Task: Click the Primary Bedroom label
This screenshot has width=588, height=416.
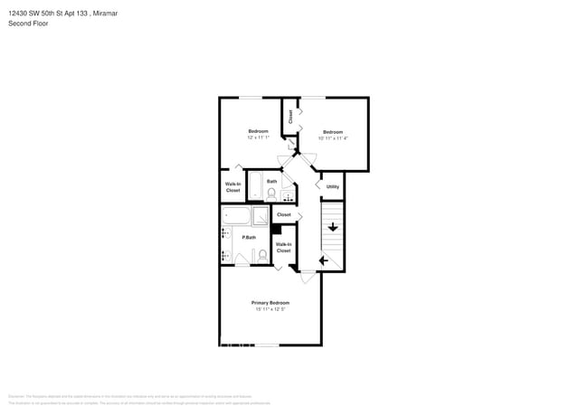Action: [270, 302]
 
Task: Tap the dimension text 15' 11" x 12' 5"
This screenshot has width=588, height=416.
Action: [270, 309]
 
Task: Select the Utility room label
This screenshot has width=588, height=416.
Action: [333, 187]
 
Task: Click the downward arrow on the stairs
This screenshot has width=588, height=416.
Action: [333, 226]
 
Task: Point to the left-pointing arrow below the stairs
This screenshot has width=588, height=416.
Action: [324, 261]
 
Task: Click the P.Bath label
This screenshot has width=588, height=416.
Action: [249, 237]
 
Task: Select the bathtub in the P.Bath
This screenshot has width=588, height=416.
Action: [236, 215]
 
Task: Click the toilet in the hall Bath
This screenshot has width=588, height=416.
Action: [270, 193]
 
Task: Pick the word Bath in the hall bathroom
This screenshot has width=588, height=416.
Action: [271, 181]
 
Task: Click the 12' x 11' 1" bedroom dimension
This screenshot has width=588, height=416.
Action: [259, 137]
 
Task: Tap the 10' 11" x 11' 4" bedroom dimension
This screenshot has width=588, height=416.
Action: [333, 138]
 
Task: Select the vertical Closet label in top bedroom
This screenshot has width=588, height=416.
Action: [290, 116]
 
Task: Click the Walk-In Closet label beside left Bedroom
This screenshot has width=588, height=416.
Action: [232, 187]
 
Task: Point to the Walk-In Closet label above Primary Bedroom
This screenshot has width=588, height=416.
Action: [283, 246]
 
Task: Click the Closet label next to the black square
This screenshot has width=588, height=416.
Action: [284, 214]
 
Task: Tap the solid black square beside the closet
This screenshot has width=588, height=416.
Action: [276, 229]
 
